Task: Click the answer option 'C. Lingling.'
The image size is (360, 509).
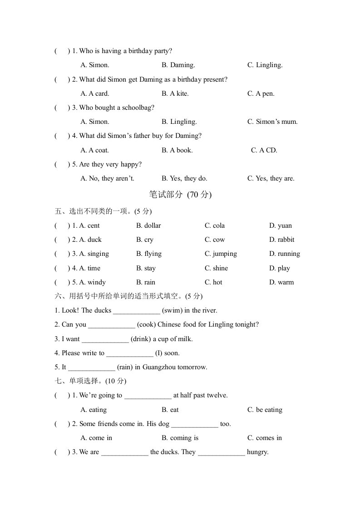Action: (265, 65)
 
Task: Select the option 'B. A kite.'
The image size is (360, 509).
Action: (175, 93)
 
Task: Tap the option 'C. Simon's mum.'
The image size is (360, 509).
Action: (272, 122)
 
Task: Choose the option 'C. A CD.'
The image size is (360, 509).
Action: (264, 150)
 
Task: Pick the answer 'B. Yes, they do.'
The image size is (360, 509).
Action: (184, 178)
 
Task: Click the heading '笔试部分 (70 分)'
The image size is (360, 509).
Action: (180, 195)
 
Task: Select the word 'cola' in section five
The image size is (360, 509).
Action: (218, 225)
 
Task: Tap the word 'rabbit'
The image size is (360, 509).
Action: (286, 240)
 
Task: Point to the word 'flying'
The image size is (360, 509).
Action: (153, 254)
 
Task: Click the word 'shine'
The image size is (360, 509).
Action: (220, 268)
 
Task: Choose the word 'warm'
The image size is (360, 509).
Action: (286, 282)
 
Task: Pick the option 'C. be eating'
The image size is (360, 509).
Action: (265, 410)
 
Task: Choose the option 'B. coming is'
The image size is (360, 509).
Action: (180, 438)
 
